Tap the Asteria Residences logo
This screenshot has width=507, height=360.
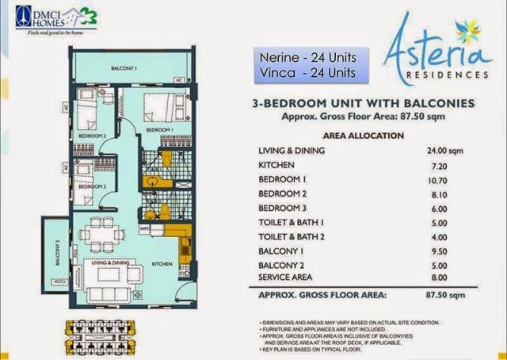(x=433, y=52)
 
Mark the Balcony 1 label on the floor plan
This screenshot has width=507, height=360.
(x=124, y=68)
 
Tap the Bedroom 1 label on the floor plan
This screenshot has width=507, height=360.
(x=159, y=129)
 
